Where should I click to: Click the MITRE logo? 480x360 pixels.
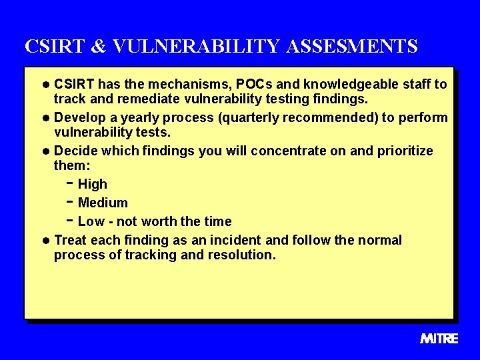(x=439, y=339)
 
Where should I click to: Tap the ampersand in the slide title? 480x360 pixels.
(x=97, y=47)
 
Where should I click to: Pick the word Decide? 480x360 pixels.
(x=74, y=151)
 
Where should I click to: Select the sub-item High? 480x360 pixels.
(x=93, y=185)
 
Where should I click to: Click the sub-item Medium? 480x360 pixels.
(x=103, y=203)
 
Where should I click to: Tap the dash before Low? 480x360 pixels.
(x=70, y=220)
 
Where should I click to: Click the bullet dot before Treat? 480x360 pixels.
(x=45, y=241)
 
